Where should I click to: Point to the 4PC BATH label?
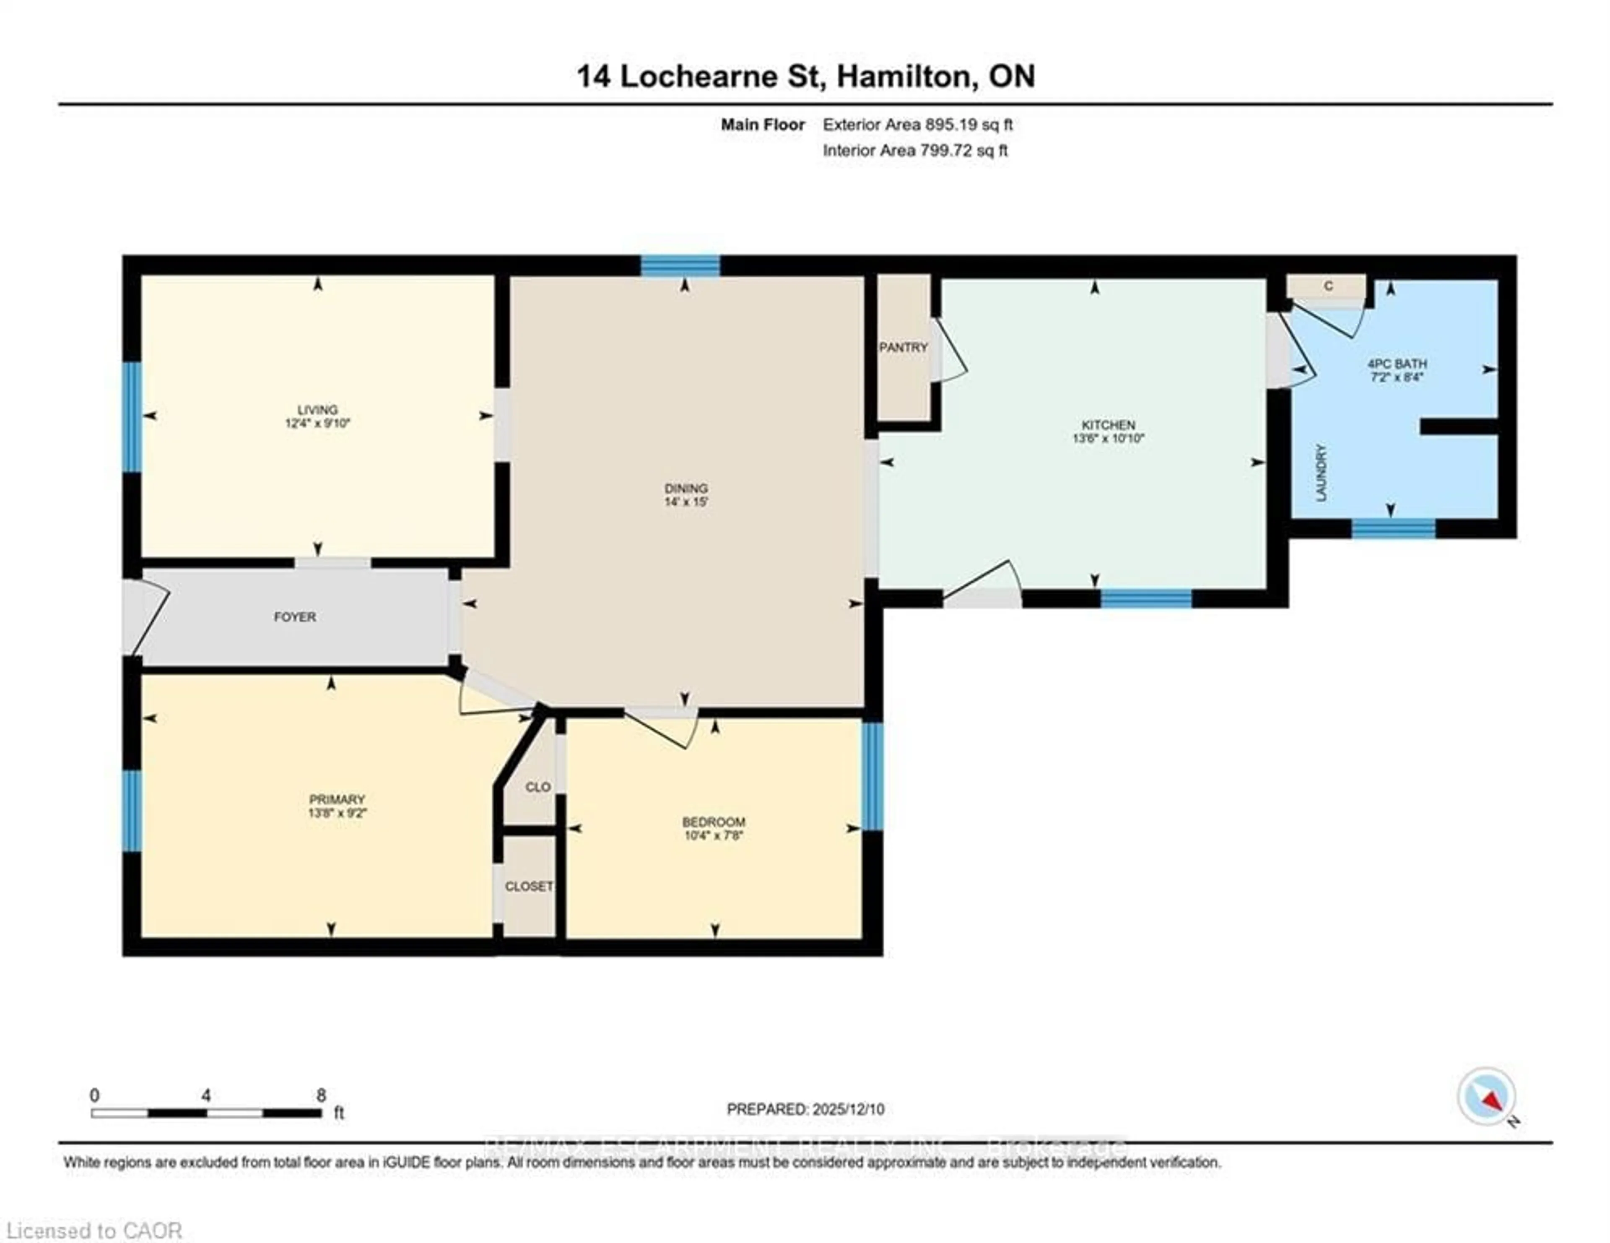point(1396,364)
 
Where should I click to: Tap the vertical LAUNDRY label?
point(1321,473)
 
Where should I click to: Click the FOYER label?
point(295,616)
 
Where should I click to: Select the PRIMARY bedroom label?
point(337,799)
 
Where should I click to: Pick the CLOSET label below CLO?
point(529,886)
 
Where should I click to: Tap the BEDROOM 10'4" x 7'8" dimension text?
point(713,835)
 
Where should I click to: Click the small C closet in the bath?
point(1328,286)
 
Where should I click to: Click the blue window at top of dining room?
point(680,265)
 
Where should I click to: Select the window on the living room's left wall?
point(132,416)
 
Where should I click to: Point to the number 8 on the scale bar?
point(321,1095)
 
